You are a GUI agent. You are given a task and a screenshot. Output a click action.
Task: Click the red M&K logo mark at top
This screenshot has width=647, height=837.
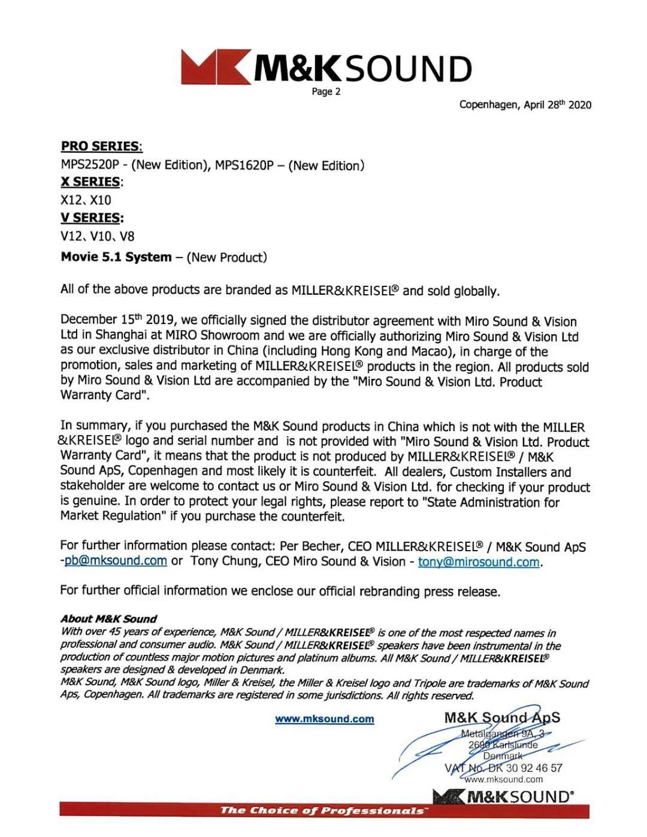[x=216, y=67]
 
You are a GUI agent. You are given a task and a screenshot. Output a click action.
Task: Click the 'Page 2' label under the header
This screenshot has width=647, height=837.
[x=326, y=92]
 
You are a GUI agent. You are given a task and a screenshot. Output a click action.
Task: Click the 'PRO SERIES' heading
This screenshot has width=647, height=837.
[x=101, y=146]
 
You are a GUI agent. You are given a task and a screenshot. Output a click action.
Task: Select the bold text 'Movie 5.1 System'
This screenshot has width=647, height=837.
[x=116, y=257]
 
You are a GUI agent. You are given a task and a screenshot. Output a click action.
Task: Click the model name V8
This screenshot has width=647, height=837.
[x=127, y=236]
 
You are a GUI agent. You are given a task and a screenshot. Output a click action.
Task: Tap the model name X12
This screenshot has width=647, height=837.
[x=71, y=200]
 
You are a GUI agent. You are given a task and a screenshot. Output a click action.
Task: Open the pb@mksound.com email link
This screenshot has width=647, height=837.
[x=116, y=561]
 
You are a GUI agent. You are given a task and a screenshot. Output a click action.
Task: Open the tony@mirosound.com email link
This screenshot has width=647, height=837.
[x=478, y=562]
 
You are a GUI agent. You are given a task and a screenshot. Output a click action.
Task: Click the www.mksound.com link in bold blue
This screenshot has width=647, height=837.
[x=325, y=719]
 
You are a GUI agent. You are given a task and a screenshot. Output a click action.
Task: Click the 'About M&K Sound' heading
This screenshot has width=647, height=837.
[x=108, y=619]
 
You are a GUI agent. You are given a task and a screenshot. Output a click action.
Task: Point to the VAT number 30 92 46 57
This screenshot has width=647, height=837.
[x=534, y=767]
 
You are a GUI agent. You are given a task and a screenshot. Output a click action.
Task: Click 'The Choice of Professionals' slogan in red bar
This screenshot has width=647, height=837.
[x=323, y=811]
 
